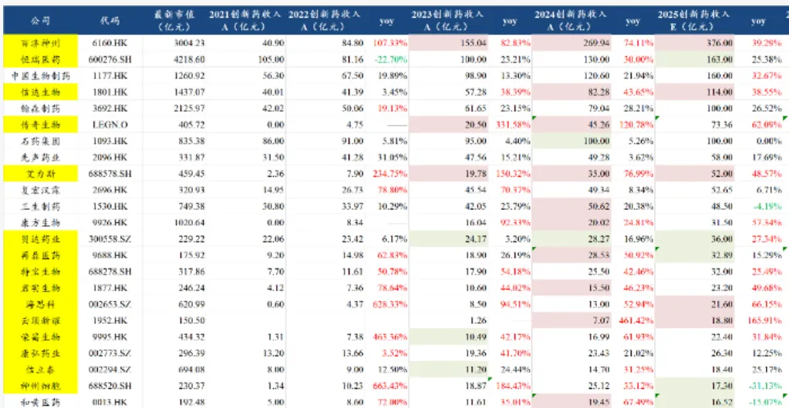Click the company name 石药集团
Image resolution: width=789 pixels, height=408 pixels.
click(40, 140)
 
